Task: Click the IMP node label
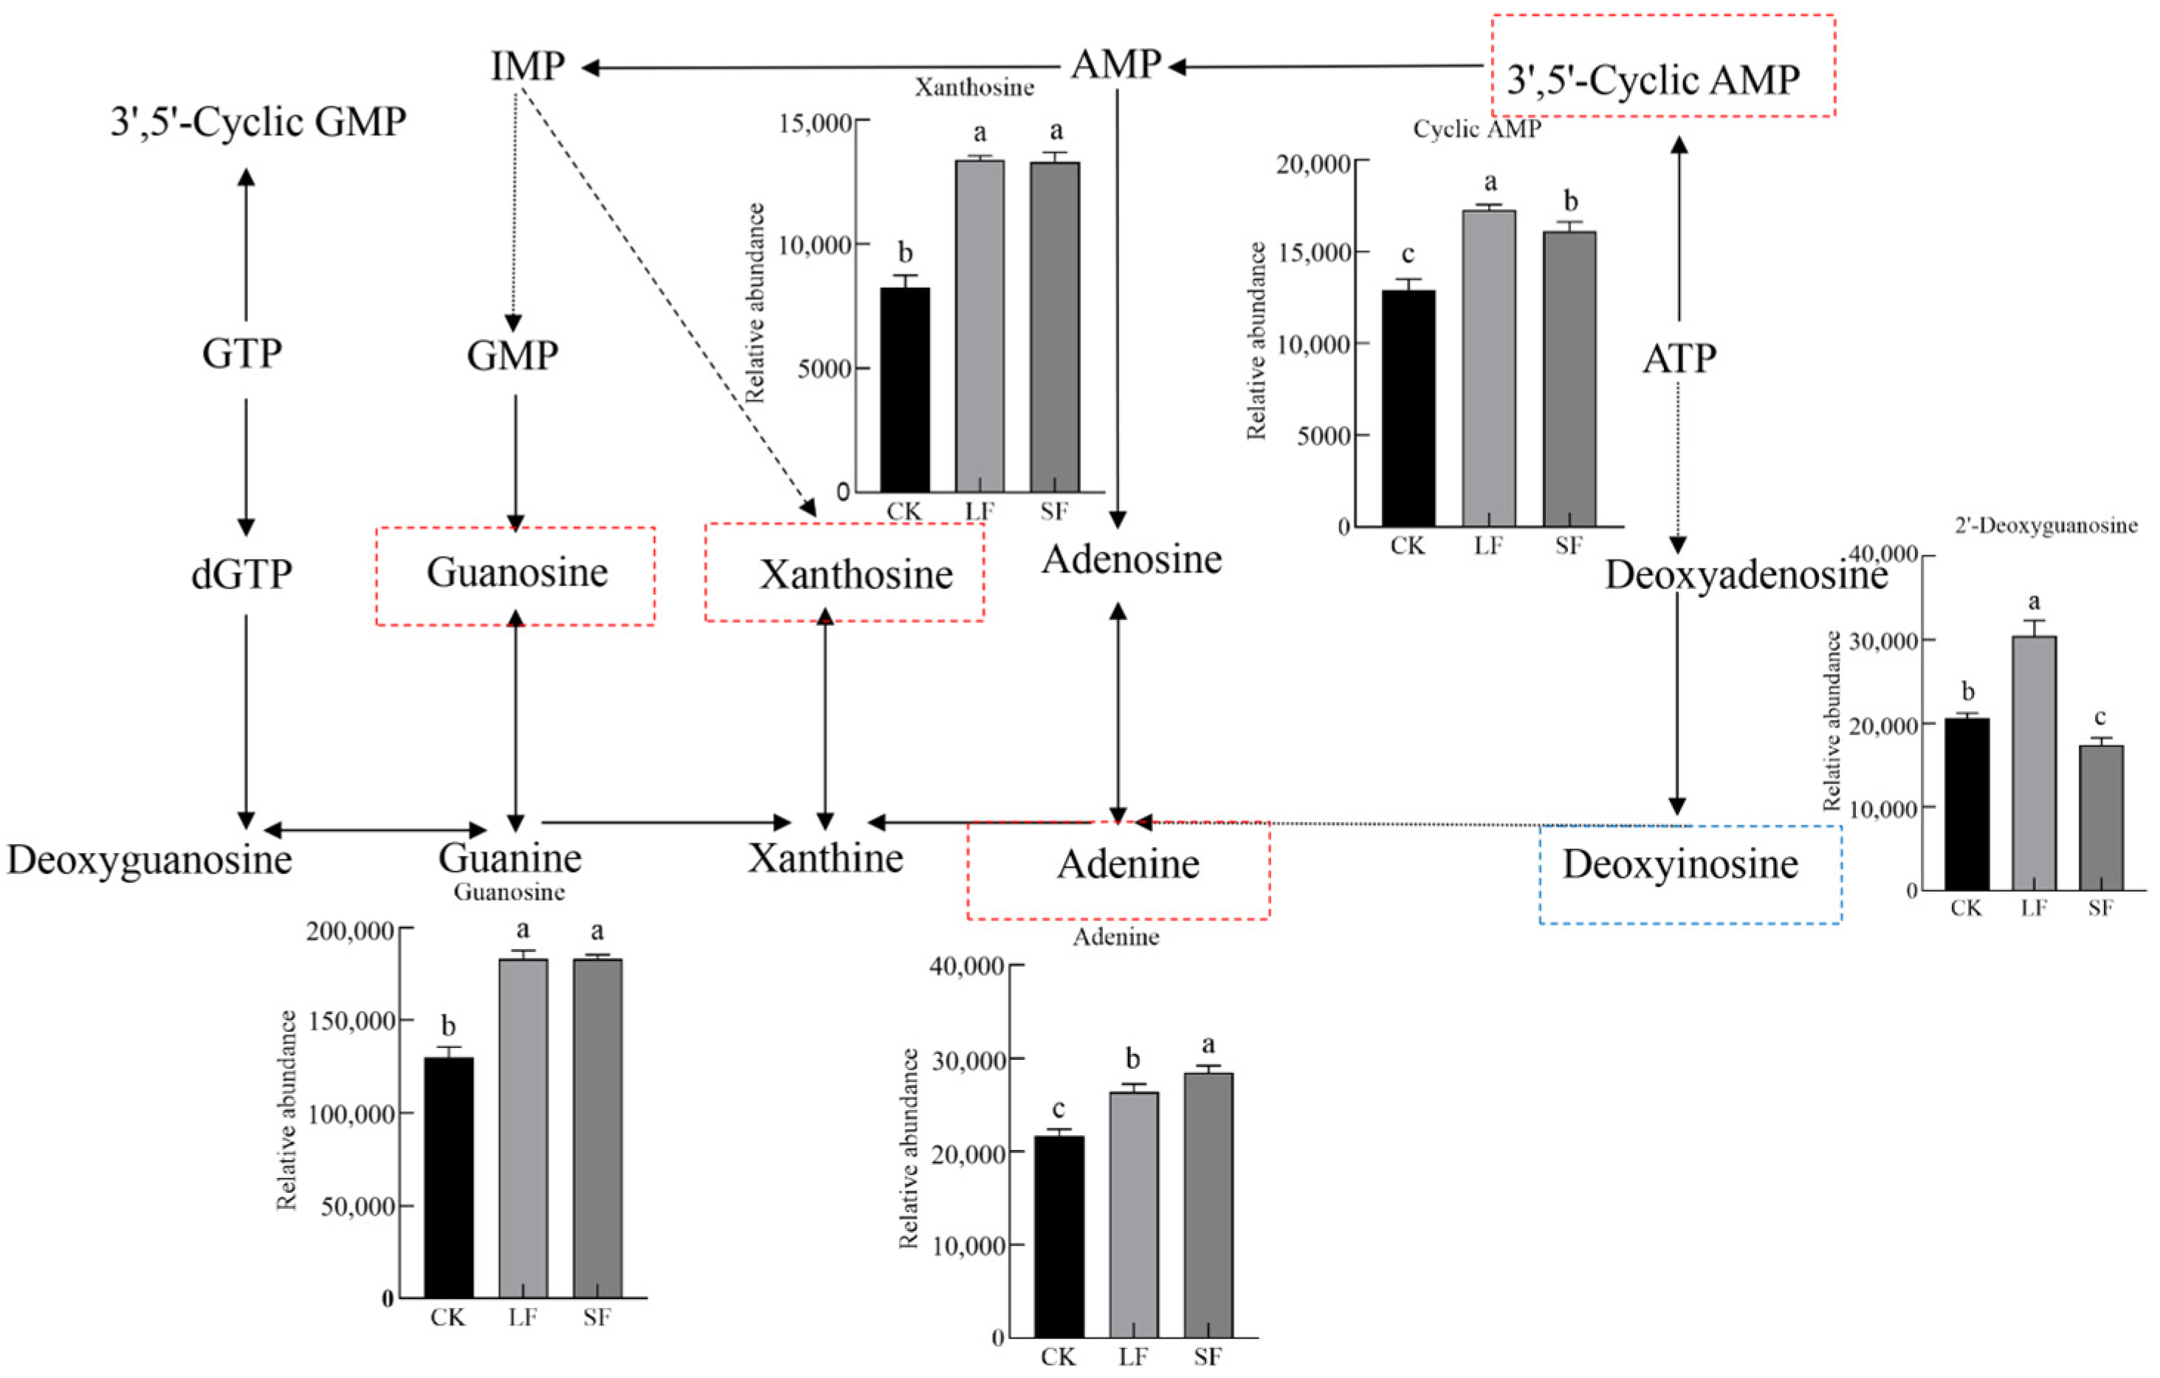pos(527,66)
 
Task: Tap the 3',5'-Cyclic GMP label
pos(258,122)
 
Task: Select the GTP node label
pos(242,354)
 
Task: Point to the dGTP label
pos(242,574)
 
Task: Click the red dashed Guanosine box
pos(516,575)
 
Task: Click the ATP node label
pos(1679,359)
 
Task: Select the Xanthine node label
pos(825,858)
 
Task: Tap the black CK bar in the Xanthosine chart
pos(904,390)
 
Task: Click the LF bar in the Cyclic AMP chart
pos(1489,368)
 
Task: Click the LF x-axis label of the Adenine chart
pos(1133,1356)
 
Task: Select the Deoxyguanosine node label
pos(150,859)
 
